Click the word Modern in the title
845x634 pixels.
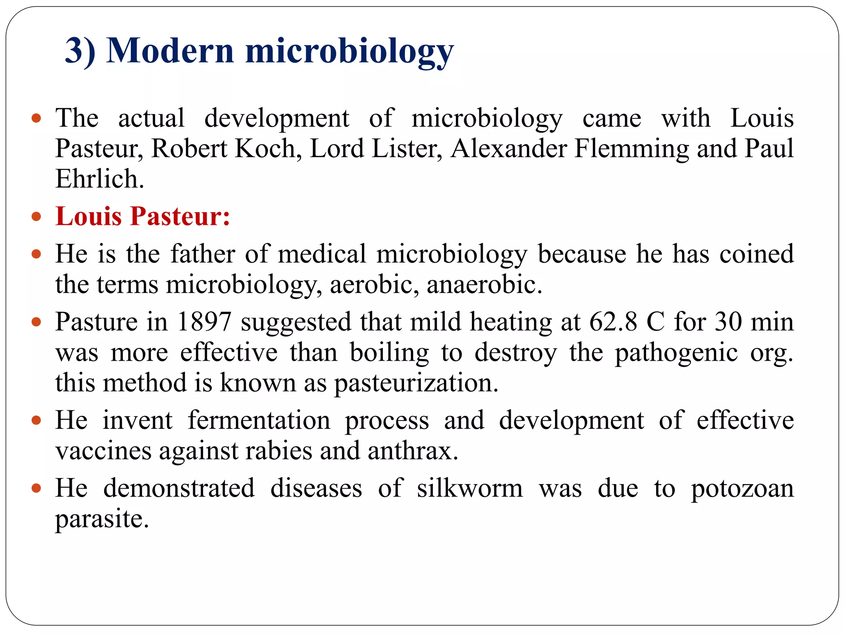(x=170, y=51)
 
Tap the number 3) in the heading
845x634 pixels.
(x=80, y=51)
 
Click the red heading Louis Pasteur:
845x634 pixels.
(x=143, y=216)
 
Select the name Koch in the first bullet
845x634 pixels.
(x=268, y=149)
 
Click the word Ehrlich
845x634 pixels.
(x=99, y=179)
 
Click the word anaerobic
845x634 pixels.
(x=484, y=284)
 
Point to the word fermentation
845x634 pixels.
(x=259, y=420)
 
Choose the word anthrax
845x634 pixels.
(x=413, y=451)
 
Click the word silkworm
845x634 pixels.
(x=470, y=488)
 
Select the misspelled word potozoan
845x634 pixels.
(x=742, y=489)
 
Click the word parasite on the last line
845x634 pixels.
(x=101, y=519)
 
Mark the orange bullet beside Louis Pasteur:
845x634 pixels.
(x=36, y=216)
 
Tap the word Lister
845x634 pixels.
(x=406, y=149)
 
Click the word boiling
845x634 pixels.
(x=389, y=352)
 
